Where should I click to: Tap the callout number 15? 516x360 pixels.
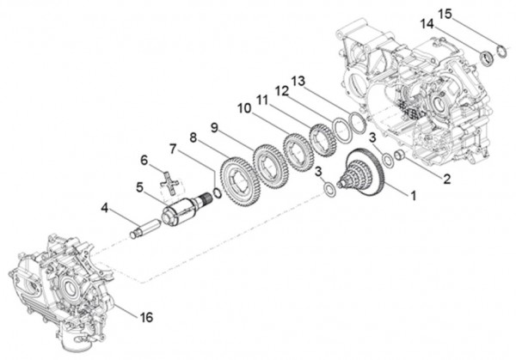(x=445, y=13)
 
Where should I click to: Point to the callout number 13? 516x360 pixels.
(x=298, y=80)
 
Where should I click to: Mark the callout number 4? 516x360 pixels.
(x=104, y=206)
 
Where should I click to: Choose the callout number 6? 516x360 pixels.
(x=144, y=159)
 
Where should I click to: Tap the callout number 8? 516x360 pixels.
(x=194, y=137)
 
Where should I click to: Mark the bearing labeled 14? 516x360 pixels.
(x=488, y=58)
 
